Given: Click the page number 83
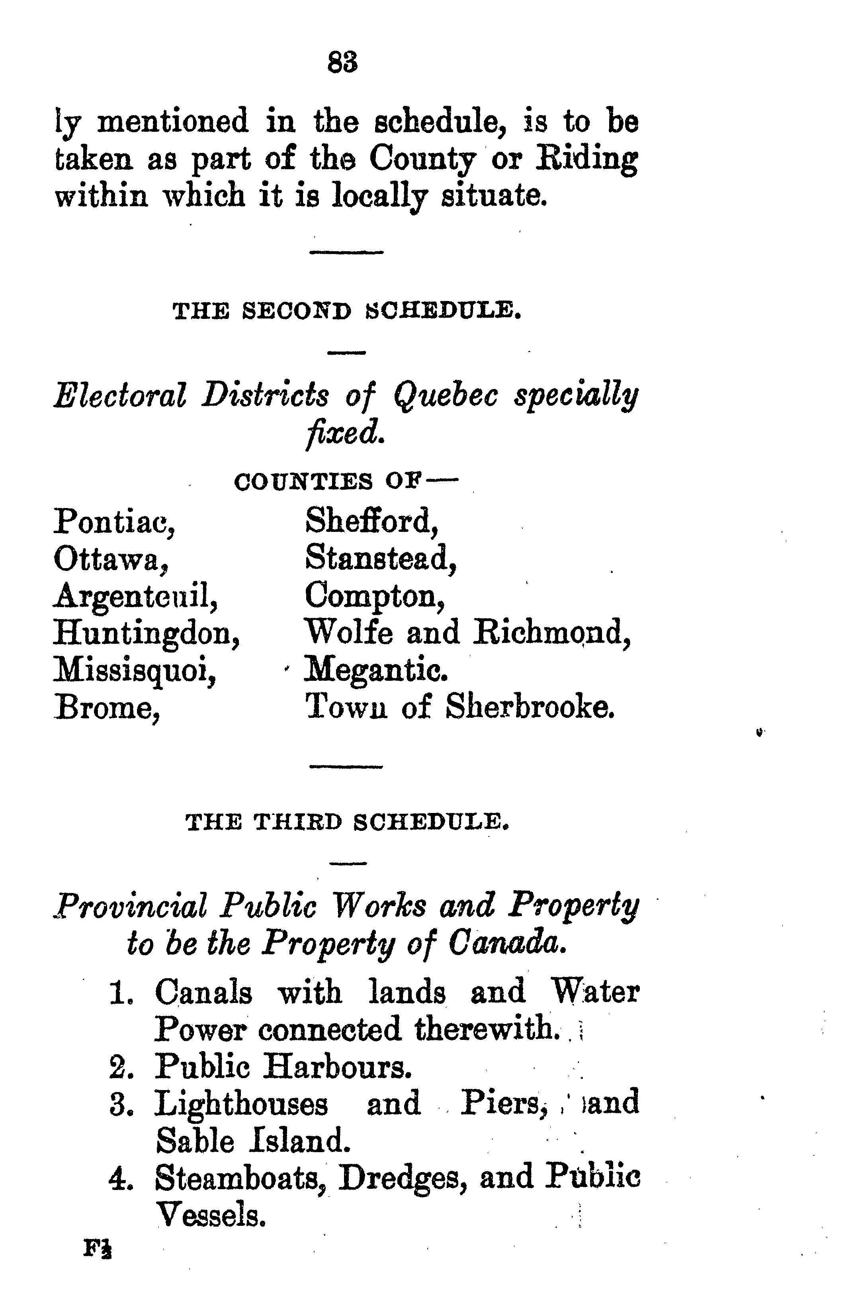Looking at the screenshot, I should [342, 62].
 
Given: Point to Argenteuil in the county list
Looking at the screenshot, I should [135, 597].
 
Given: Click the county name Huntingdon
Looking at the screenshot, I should [147, 634].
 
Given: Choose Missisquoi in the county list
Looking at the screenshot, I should [134, 671].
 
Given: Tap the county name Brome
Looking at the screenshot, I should [107, 707].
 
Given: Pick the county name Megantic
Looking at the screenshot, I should [376, 671].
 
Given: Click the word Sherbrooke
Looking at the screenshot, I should [530, 707].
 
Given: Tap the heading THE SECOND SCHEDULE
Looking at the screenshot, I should [348, 312].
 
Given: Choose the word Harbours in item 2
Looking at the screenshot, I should [337, 1066].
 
